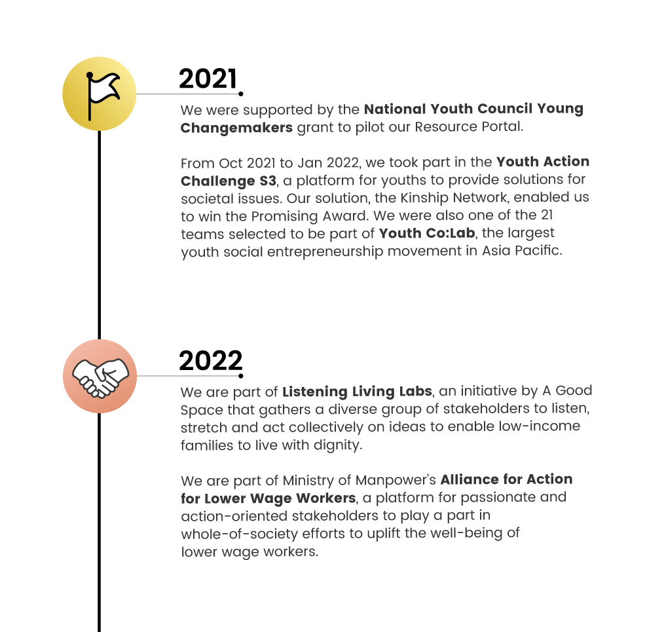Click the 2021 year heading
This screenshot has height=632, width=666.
pos(208,79)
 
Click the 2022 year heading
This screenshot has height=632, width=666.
pos(210,361)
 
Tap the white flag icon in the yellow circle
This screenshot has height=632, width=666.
pos(100,94)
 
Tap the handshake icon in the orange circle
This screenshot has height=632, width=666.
pos(100,376)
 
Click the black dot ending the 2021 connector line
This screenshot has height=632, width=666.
pos(241,94)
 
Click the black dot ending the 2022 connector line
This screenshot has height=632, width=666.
pos(241,376)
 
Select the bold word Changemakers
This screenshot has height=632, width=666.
pos(236,127)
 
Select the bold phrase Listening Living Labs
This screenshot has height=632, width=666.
pos(357,392)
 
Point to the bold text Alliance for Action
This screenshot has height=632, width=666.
pos(506,479)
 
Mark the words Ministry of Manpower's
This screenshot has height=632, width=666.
pos(350,480)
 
